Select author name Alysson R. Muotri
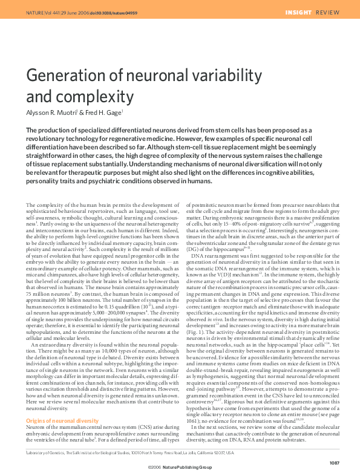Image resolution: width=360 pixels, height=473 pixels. tap(51, 112)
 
